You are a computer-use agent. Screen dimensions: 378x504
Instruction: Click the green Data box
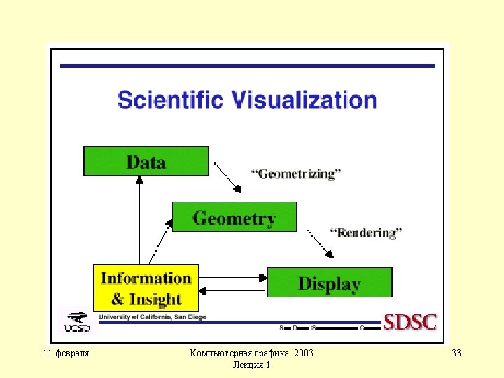point(146,161)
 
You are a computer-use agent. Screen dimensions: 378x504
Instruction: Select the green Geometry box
point(234,217)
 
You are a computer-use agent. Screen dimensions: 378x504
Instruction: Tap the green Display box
point(330,283)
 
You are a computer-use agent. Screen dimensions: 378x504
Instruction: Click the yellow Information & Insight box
point(146,288)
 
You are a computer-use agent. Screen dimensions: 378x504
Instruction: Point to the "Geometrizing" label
point(296,174)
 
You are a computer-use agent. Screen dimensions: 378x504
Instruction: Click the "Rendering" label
point(366,232)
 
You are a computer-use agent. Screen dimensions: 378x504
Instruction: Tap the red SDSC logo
point(410,323)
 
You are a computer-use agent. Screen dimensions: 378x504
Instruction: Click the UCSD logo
point(78,321)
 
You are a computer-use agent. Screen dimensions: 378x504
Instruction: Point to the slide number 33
point(456,353)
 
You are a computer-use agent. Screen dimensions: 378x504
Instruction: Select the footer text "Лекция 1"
point(252,365)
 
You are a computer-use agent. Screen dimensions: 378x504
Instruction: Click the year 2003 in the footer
point(304,353)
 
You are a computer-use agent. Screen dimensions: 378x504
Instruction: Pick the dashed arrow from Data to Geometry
point(227,176)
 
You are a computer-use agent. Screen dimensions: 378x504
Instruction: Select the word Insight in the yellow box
point(156,300)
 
